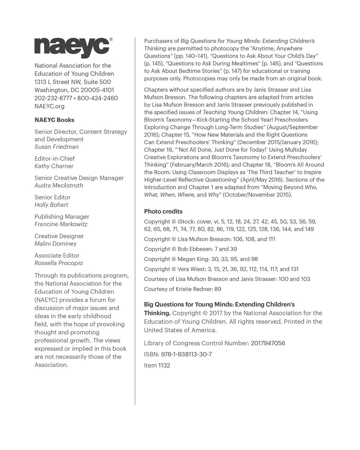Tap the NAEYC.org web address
(x=49, y=106)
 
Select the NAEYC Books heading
(x=54, y=120)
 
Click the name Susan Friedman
(x=57, y=147)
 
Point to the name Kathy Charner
(x=54, y=166)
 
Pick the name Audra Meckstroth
(x=59, y=185)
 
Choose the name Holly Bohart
(x=51, y=205)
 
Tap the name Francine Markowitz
(x=61, y=224)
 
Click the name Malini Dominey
(x=55, y=244)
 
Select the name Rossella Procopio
(x=59, y=263)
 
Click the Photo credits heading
(x=163, y=211)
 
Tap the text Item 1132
(x=157, y=365)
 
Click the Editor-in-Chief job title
(x=55, y=158)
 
